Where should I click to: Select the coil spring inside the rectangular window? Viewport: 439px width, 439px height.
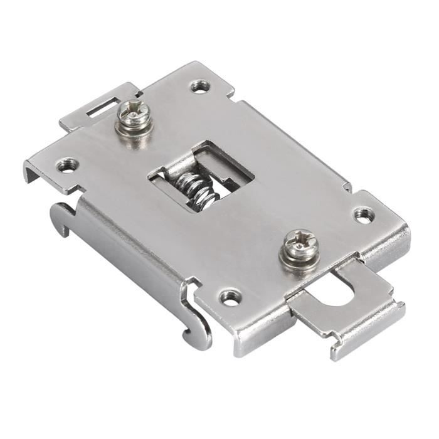(x=196, y=188)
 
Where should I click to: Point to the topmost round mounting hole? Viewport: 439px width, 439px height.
(x=200, y=85)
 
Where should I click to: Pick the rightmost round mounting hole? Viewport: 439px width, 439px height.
(x=363, y=214)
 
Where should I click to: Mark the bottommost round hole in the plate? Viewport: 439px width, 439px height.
(x=230, y=297)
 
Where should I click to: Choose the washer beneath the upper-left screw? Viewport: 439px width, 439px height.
(x=135, y=125)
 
